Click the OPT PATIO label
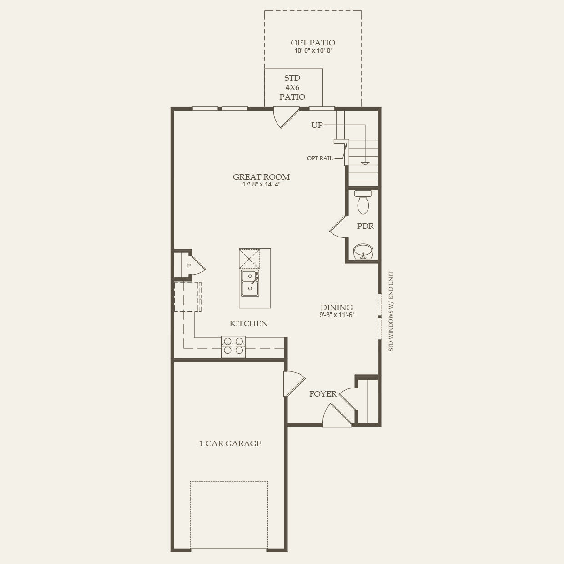[x=313, y=43]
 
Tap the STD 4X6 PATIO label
[x=292, y=87]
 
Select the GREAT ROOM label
[x=261, y=177]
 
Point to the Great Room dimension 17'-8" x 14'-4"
[x=261, y=185]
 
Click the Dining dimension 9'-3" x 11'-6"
[x=337, y=315]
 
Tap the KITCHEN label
[x=248, y=323]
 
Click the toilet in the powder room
[x=363, y=202]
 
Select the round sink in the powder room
[x=363, y=251]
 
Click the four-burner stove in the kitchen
[x=233, y=346]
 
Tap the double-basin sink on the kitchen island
[x=250, y=282]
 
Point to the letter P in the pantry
[x=188, y=266]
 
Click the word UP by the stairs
[x=317, y=125]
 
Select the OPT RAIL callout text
[x=320, y=158]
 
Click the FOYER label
[x=323, y=394]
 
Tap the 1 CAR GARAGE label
[x=230, y=443]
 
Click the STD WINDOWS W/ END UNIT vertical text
[x=391, y=312]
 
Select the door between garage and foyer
[x=292, y=383]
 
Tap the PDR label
[x=365, y=226]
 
